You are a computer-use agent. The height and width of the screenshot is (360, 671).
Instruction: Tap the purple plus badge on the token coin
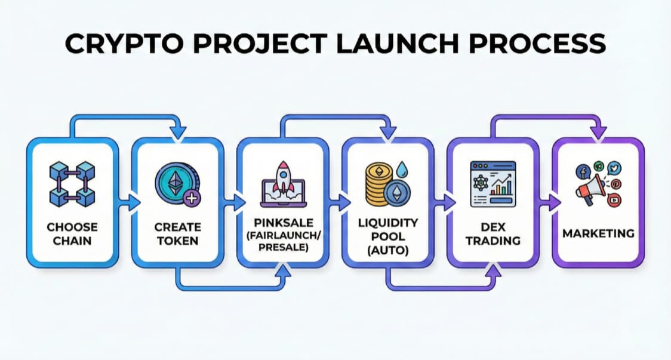pyautogui.click(x=191, y=199)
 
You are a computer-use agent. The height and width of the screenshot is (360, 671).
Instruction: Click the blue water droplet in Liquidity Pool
pyautogui.click(x=404, y=169)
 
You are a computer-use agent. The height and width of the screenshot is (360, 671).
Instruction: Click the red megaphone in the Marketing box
pyautogui.click(x=589, y=190)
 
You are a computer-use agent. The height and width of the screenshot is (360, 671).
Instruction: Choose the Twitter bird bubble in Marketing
pyautogui.click(x=614, y=168)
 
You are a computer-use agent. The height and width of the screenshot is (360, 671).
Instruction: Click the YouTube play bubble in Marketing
pyautogui.click(x=614, y=201)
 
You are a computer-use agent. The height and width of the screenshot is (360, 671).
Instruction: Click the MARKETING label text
pyautogui.click(x=598, y=233)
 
